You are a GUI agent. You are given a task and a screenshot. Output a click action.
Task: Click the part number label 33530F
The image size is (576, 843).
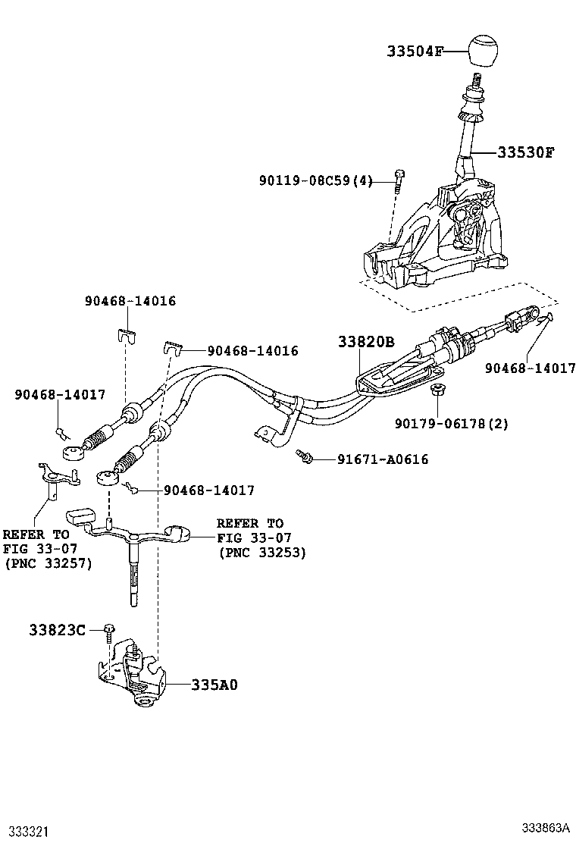click(525, 152)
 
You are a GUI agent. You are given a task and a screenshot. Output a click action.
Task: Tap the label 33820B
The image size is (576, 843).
click(366, 343)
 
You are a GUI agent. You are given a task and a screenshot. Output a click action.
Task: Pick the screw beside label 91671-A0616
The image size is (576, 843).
click(305, 456)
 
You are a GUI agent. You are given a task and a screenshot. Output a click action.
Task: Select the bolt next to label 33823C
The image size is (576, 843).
click(110, 629)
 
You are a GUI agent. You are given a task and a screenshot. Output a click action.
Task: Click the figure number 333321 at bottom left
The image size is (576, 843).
click(29, 831)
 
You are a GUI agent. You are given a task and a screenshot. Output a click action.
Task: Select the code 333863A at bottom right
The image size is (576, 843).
click(544, 827)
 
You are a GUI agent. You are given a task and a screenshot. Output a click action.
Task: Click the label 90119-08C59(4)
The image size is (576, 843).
click(315, 180)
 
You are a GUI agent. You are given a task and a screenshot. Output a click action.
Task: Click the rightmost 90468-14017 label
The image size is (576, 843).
click(531, 368)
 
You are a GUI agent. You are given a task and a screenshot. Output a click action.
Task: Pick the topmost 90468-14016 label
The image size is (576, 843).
click(130, 301)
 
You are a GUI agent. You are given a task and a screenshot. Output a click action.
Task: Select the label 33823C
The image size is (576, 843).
click(57, 629)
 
